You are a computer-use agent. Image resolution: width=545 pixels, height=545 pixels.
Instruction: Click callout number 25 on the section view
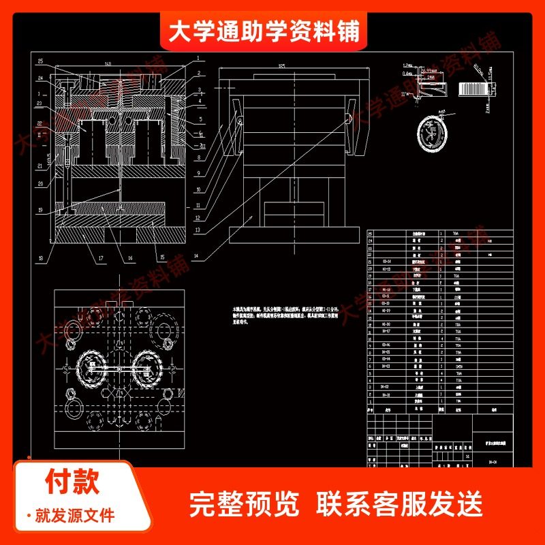(x=40, y=61)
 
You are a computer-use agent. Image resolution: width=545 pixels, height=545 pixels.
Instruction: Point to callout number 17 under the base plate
(x=100, y=258)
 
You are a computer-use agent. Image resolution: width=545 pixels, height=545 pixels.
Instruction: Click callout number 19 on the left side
(x=40, y=210)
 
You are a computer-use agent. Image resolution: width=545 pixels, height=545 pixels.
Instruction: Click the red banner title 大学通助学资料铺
(x=264, y=31)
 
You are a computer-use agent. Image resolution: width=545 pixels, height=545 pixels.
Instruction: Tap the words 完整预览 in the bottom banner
(x=243, y=504)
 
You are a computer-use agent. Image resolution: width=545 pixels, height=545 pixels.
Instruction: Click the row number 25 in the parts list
(x=371, y=233)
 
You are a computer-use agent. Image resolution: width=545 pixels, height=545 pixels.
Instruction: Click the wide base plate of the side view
(x=293, y=234)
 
